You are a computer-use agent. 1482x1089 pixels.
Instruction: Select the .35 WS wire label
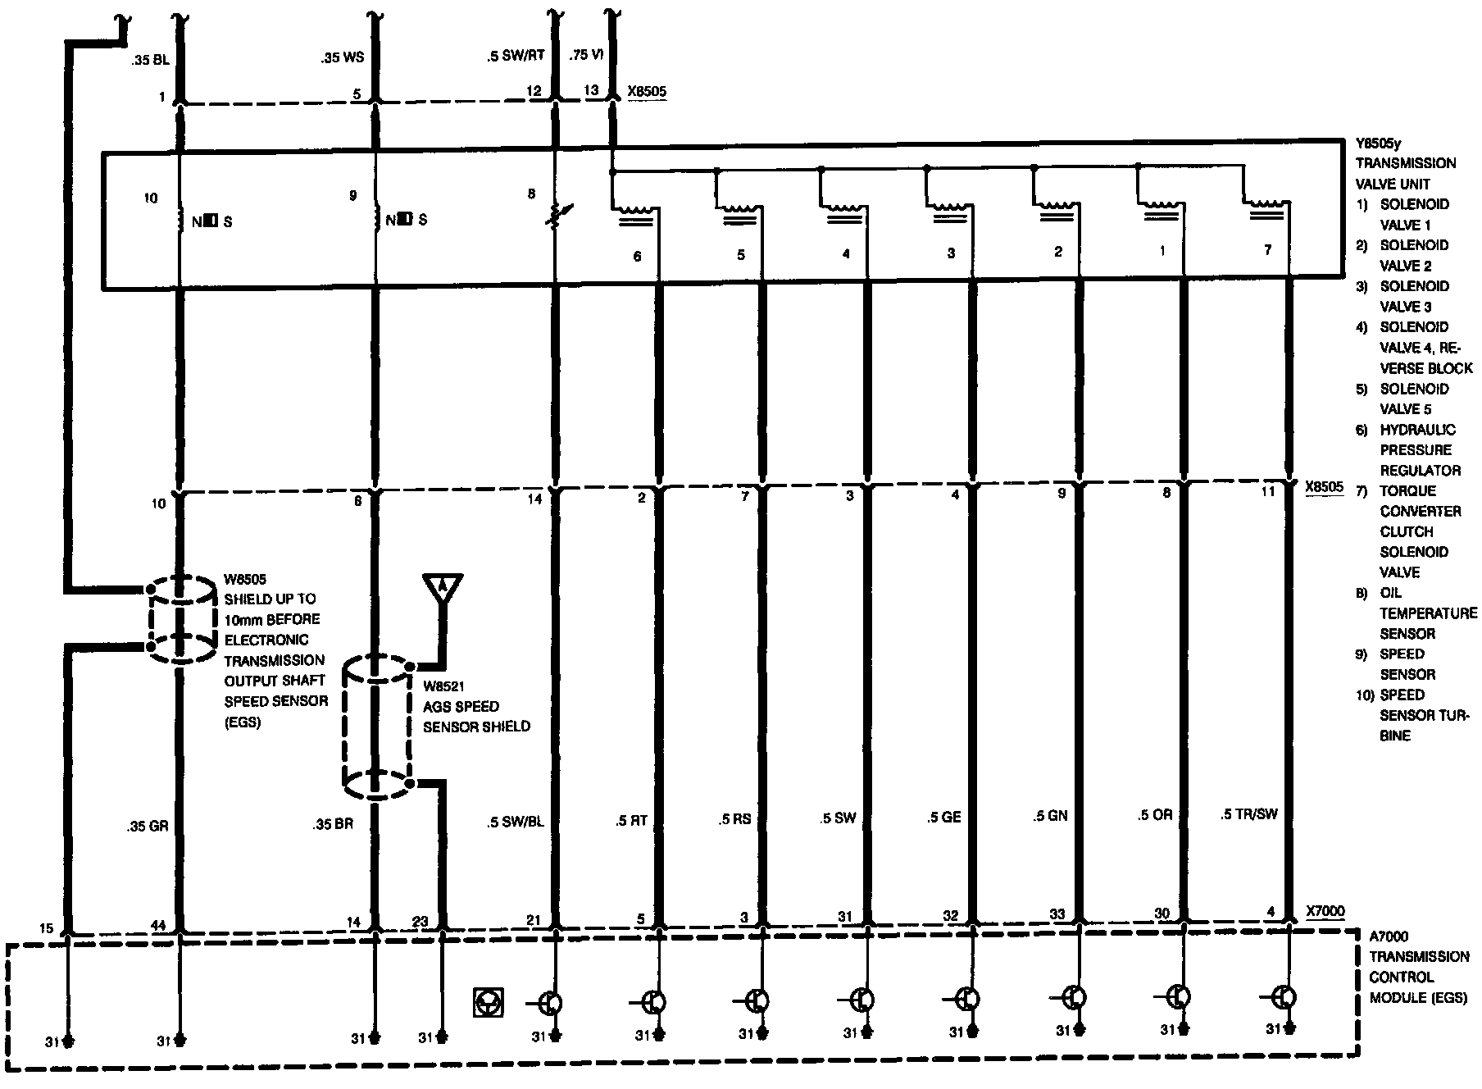pyautogui.click(x=343, y=57)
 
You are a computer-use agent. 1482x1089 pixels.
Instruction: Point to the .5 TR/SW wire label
pyautogui.click(x=1248, y=814)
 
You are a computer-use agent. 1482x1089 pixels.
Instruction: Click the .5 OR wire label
pyautogui.click(x=1154, y=815)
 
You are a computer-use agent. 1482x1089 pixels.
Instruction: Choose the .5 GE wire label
pyautogui.click(x=943, y=817)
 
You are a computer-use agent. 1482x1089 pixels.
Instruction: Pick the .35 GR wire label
pyautogui.click(x=148, y=826)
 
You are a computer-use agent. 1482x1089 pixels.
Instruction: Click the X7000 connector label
pyautogui.click(x=1325, y=911)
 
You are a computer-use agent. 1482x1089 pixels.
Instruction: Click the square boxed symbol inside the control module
pyautogui.click(x=489, y=1002)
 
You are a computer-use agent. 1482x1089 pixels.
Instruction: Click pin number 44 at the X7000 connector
pyautogui.click(x=158, y=926)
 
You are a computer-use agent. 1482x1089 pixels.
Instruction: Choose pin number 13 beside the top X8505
pyautogui.click(x=591, y=90)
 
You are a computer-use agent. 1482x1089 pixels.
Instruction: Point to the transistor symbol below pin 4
pyautogui.click(x=1284, y=998)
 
